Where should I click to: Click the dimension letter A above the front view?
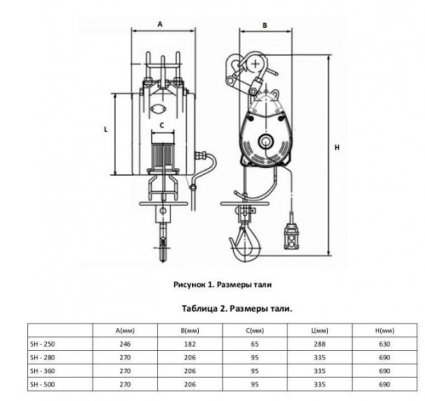pos(160,25)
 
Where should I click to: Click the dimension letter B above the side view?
pos(265,25)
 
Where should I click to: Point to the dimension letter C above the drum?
pos(162,125)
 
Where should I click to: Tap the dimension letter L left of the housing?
pos(106,129)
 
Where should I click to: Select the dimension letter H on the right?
pos(337,148)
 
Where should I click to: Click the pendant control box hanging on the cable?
pos(292,236)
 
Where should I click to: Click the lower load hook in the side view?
pos(246,245)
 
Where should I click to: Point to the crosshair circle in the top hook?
pos(255,64)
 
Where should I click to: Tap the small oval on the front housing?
pos(158,110)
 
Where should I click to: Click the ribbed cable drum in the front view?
pos(162,155)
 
